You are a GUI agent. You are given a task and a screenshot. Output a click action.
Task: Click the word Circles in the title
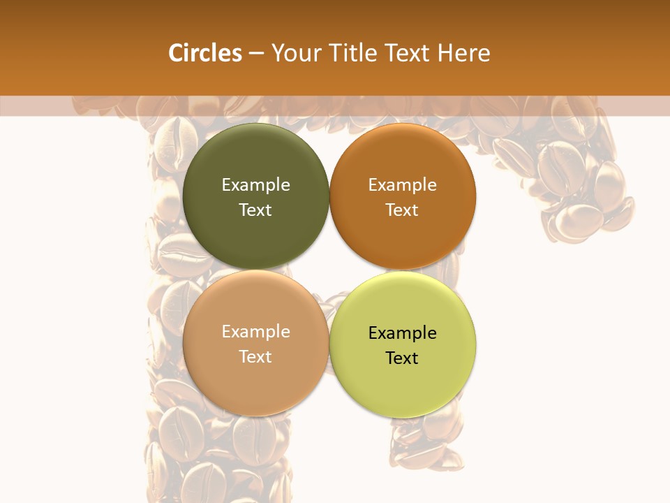click(x=205, y=53)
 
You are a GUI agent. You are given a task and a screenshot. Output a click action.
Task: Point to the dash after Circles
click(x=257, y=54)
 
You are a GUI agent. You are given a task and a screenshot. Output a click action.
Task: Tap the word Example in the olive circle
click(x=255, y=185)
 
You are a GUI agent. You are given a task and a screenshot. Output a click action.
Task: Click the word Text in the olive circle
click(x=255, y=210)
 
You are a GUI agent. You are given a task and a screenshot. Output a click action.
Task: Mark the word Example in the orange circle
click(x=403, y=185)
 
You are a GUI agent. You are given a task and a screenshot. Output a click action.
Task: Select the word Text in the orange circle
click(x=403, y=210)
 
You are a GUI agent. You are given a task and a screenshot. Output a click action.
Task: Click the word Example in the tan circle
click(x=255, y=332)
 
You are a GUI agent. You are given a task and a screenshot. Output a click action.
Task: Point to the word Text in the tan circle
click(x=255, y=357)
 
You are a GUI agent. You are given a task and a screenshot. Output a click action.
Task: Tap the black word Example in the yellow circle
click(x=403, y=333)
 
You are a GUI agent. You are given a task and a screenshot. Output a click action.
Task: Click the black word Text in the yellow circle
click(x=403, y=358)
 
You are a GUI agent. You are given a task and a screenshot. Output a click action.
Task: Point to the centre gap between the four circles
click(x=329, y=271)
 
